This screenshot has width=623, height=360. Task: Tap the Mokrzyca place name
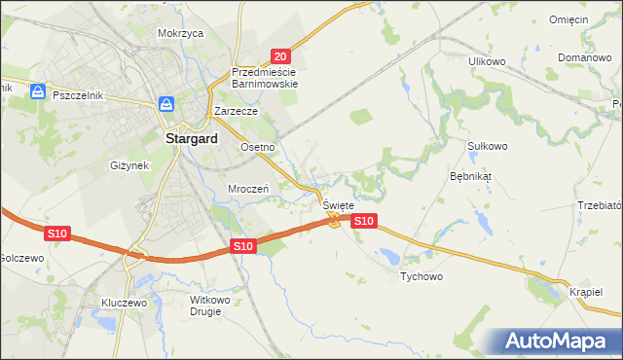coord(180,33)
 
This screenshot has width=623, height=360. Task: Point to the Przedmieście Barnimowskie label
coord(264,78)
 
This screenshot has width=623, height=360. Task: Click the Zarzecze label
coord(236,112)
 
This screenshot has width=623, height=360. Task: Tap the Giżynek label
coord(129,165)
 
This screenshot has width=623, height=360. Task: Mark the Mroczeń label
coord(247,189)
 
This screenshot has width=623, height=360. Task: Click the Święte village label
coord(338,206)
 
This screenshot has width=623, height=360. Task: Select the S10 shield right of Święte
coord(363,222)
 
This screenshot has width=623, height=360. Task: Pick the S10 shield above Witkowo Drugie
coord(243,247)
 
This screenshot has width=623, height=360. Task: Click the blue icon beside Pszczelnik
coord(38,91)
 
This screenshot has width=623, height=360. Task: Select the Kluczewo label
coord(124,303)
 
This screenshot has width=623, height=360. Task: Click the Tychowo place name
coord(421,277)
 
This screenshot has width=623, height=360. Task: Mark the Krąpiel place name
coord(586,292)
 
